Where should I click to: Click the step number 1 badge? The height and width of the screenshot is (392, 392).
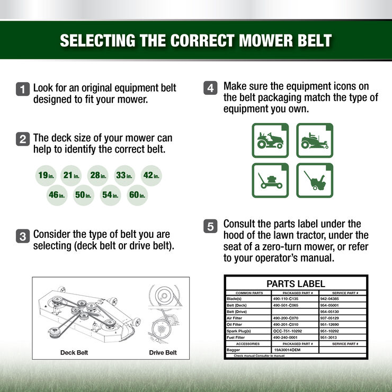pos(23,89)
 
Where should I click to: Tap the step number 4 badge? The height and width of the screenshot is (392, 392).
pos(210,88)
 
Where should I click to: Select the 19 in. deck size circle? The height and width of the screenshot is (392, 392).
pos(46,175)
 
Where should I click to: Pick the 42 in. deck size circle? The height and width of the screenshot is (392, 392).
pos(152,175)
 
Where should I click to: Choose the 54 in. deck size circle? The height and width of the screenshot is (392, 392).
pos(110,195)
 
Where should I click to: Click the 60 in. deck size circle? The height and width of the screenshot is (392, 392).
pos(137,195)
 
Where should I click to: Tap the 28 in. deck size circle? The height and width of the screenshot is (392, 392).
pos(97,175)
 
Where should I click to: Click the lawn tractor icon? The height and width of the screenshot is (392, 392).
pos(270,140)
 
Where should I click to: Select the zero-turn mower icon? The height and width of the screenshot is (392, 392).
pos(315,140)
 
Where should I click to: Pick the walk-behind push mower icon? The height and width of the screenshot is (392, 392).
pos(270,181)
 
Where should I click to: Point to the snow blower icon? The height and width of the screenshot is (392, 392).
pos(315,181)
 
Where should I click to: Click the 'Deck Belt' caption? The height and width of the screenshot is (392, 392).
pos(74,352)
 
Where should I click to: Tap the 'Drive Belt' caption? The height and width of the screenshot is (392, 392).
pos(163,352)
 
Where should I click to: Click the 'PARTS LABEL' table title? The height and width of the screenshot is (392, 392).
pos(296,283)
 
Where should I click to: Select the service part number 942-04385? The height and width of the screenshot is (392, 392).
pos(332,299)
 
